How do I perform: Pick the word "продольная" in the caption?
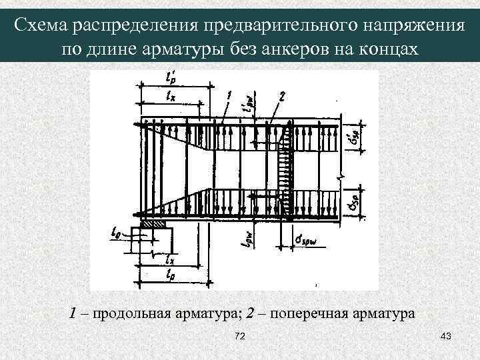pos(126,312)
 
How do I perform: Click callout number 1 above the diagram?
pos(229,97)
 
